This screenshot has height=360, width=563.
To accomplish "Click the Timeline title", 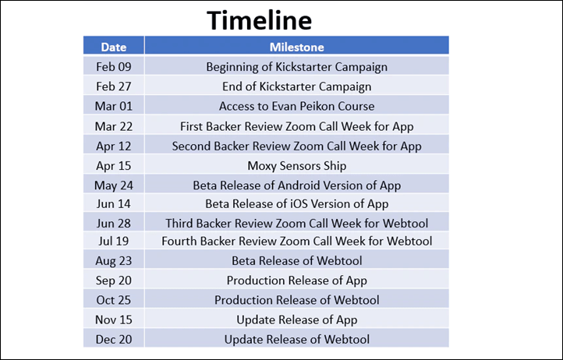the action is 259,20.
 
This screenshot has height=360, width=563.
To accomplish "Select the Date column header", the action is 114,47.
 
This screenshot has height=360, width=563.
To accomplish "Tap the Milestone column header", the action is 296,47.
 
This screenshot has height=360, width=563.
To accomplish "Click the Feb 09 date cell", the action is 114,67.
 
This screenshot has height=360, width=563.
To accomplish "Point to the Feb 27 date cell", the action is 114,86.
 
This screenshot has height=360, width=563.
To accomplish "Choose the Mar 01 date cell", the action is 114,106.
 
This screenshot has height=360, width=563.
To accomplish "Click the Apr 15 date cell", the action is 114,166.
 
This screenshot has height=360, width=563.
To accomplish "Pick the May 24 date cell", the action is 114,185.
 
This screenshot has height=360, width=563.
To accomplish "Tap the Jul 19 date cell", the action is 114,241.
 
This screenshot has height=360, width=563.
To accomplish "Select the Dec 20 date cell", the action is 114,339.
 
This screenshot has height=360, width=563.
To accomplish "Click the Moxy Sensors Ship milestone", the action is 296,166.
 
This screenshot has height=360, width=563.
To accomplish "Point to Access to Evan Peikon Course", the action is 296,106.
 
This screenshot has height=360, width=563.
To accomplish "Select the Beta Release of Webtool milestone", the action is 296,260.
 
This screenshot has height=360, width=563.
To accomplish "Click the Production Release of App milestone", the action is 296,281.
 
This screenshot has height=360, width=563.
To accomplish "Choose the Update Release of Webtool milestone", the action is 296,339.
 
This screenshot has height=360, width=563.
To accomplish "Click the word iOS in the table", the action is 301,204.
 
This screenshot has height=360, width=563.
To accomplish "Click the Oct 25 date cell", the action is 114,300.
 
